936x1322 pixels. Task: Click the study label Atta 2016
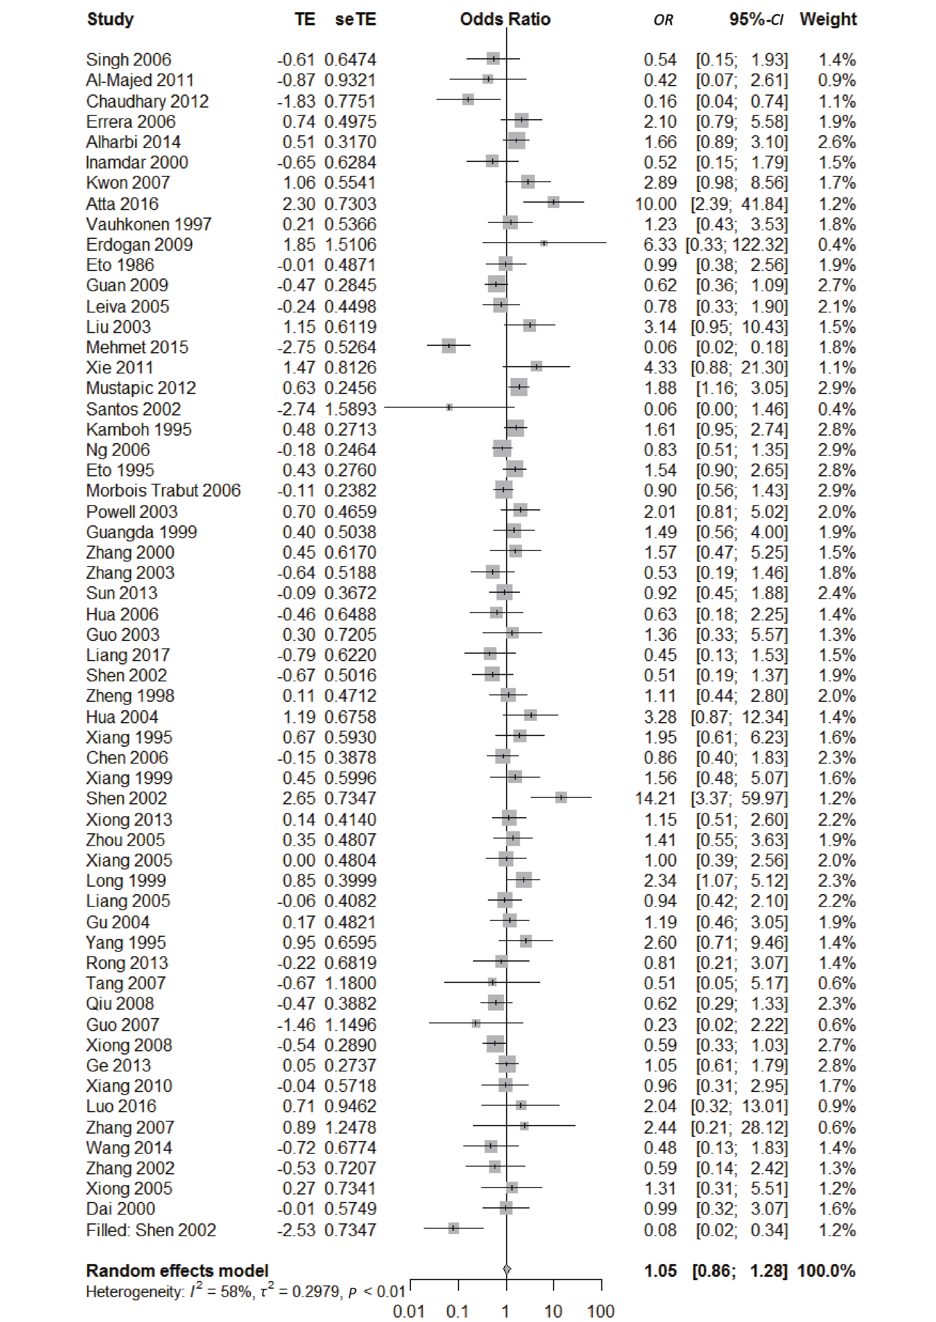[x=122, y=204]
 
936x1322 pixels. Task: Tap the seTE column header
[x=356, y=20]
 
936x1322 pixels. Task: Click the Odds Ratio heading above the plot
[x=505, y=20]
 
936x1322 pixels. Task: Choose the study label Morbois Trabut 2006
[x=163, y=490]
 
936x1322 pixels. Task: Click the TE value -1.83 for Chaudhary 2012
[x=296, y=101]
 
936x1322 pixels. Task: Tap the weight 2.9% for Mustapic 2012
[x=837, y=388]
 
